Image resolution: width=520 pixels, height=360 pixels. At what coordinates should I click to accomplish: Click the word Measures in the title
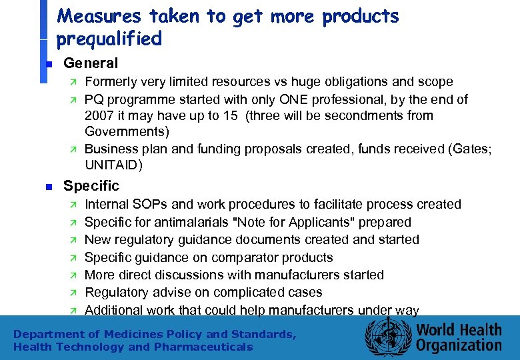[99, 16]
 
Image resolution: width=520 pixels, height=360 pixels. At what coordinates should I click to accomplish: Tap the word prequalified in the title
[109, 39]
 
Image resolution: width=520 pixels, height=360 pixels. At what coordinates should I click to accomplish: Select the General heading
[90, 63]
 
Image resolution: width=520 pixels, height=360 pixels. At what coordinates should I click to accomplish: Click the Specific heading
[91, 186]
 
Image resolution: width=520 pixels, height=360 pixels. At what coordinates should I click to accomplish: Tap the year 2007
[100, 116]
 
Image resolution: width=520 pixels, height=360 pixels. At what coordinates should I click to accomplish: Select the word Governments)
[127, 132]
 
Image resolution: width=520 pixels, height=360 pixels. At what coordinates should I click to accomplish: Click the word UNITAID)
[114, 165]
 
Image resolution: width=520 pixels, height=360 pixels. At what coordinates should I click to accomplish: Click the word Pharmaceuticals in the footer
[203, 347]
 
